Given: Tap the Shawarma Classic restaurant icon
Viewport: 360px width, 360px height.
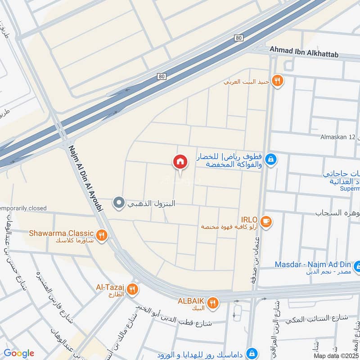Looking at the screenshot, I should [x=102, y=234].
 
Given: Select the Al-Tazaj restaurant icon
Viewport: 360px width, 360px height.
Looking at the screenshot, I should [x=132, y=288].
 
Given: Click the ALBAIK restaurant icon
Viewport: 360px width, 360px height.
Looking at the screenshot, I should [x=214, y=302].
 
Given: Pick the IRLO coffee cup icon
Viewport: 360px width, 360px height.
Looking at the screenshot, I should [x=266, y=221].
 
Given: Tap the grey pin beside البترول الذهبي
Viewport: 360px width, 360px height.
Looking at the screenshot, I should [x=119, y=203].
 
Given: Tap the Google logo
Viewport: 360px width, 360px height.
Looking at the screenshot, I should [x=19, y=353].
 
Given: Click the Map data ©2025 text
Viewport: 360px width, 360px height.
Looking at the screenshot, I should [x=335, y=356].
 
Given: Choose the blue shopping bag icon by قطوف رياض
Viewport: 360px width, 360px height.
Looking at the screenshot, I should [x=271, y=159].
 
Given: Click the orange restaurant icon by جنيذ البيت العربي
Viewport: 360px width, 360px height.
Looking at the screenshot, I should [x=278, y=81].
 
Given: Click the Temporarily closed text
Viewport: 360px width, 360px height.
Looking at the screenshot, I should [x=23, y=208].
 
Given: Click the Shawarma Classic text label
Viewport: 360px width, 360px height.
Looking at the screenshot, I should [x=61, y=234].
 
